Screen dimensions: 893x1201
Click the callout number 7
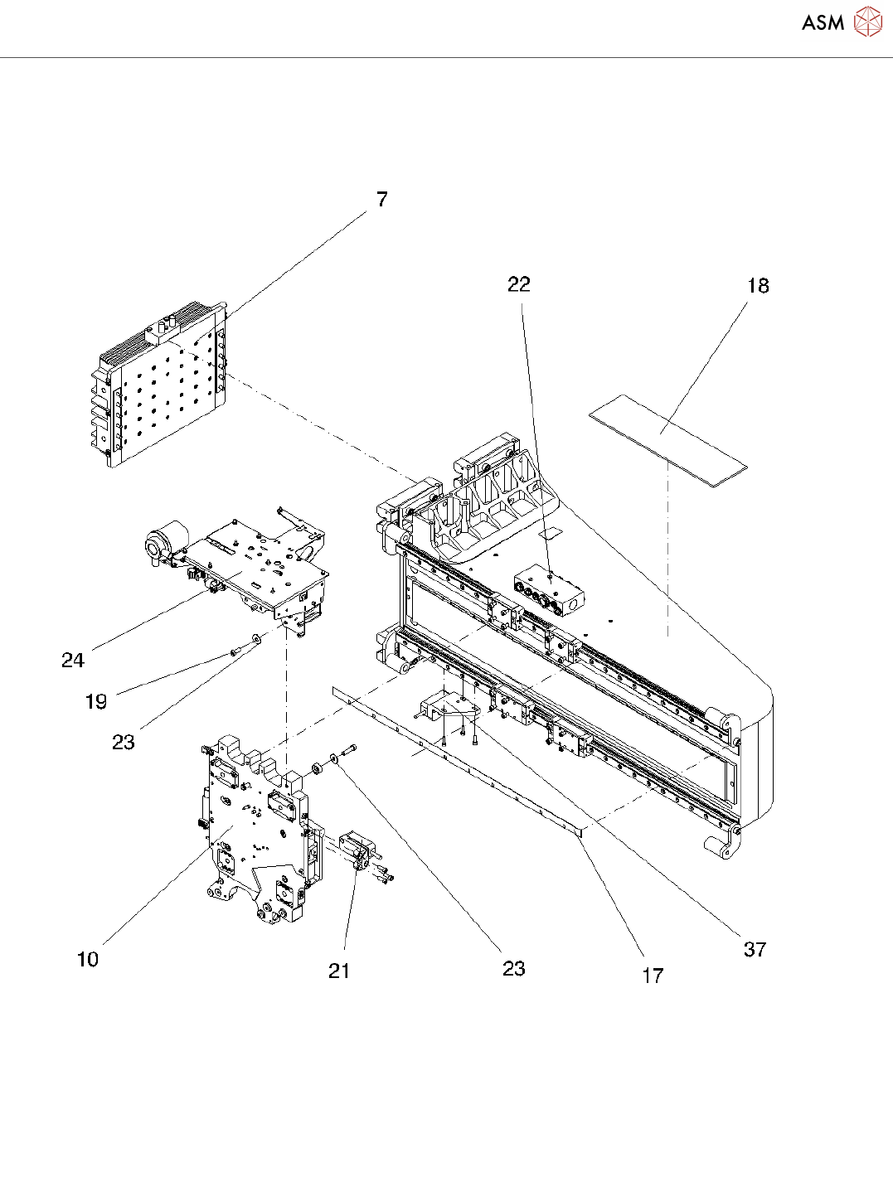tap(382, 199)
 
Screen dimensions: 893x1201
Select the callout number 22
tap(518, 284)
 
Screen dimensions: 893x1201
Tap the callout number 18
tap(758, 285)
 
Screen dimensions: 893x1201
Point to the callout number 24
tap(73, 660)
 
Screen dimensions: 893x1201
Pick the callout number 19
tap(96, 702)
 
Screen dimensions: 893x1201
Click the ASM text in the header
tap(823, 22)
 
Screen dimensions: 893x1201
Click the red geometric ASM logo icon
tap(868, 22)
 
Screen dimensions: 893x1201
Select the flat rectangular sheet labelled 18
tap(667, 440)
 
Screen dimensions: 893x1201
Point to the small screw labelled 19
tap(235, 653)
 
